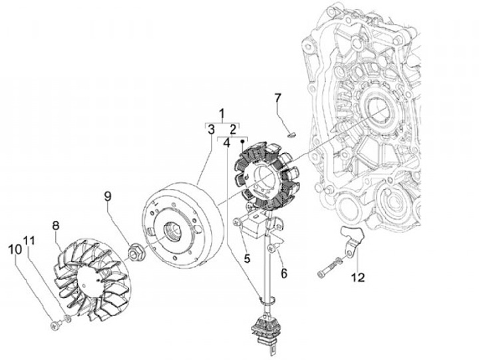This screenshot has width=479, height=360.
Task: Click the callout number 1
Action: pyautogui.click(x=222, y=112)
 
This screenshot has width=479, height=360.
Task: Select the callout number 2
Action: pyautogui.click(x=233, y=128)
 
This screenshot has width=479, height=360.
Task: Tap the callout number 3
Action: pyautogui.click(x=210, y=128)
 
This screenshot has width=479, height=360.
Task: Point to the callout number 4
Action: pyautogui.click(x=227, y=142)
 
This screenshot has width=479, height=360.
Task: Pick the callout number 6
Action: pyautogui.click(x=283, y=273)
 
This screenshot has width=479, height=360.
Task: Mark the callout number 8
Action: pyautogui.click(x=56, y=226)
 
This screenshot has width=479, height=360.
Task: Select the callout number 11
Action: pyautogui.click(x=29, y=240)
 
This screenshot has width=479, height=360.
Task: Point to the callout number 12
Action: pyautogui.click(x=358, y=276)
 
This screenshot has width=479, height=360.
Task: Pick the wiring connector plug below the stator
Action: pyautogui.click(x=267, y=330)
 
